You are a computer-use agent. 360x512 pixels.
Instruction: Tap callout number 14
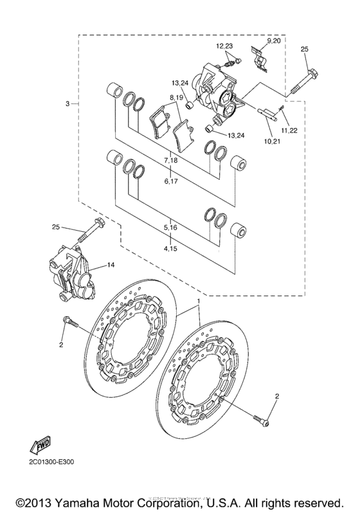click(x=110, y=265)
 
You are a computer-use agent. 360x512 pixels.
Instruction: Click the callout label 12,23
click(x=224, y=46)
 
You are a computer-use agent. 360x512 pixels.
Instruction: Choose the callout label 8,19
click(x=177, y=97)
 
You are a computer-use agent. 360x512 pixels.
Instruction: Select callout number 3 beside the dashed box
click(x=67, y=103)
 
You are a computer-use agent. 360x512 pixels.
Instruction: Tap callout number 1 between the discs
click(x=199, y=301)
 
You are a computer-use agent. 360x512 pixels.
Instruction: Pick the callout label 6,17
click(x=170, y=182)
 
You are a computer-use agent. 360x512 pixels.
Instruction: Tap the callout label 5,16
click(x=170, y=227)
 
